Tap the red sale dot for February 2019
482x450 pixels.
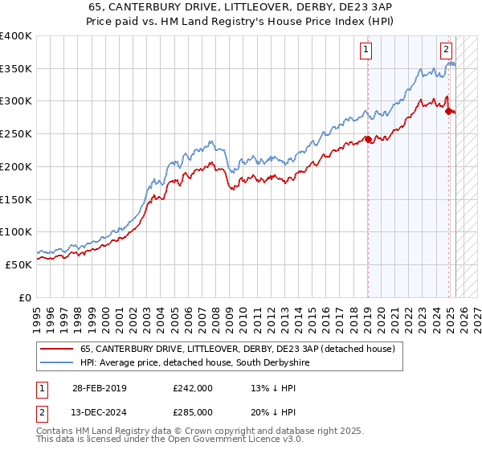(x=368, y=139)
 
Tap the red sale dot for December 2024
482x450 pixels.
(x=448, y=111)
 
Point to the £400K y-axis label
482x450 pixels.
(x=16, y=36)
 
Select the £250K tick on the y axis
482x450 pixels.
(x=16, y=134)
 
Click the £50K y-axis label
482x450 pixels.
(x=19, y=264)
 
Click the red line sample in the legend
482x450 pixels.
(x=58, y=350)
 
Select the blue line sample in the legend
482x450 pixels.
(x=58, y=363)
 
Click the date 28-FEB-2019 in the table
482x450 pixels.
(x=98, y=387)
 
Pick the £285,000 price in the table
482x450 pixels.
(x=192, y=411)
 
